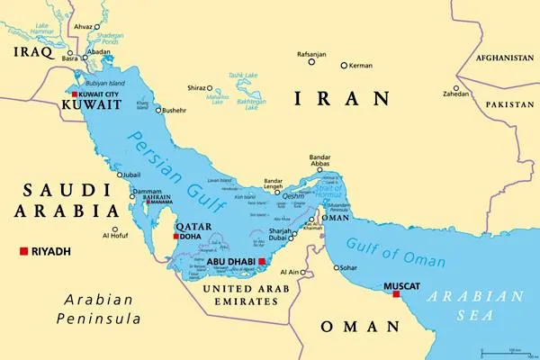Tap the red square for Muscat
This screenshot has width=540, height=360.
click(x=396, y=293)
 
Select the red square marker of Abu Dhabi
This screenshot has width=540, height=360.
click(x=262, y=262)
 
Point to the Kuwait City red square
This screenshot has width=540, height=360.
click(x=76, y=94)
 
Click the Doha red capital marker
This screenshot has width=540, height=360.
click(x=176, y=237)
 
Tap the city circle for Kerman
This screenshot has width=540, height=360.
click(x=344, y=65)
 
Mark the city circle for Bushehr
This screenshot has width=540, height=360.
click(x=158, y=111)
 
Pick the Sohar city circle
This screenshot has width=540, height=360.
click(x=337, y=267)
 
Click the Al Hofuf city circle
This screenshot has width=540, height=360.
click(x=114, y=229)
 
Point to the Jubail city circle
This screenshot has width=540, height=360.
click(x=120, y=175)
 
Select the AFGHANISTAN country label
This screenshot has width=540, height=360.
click(x=499, y=58)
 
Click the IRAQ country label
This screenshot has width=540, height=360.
click(x=27, y=53)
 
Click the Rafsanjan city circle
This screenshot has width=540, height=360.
click(x=311, y=63)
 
